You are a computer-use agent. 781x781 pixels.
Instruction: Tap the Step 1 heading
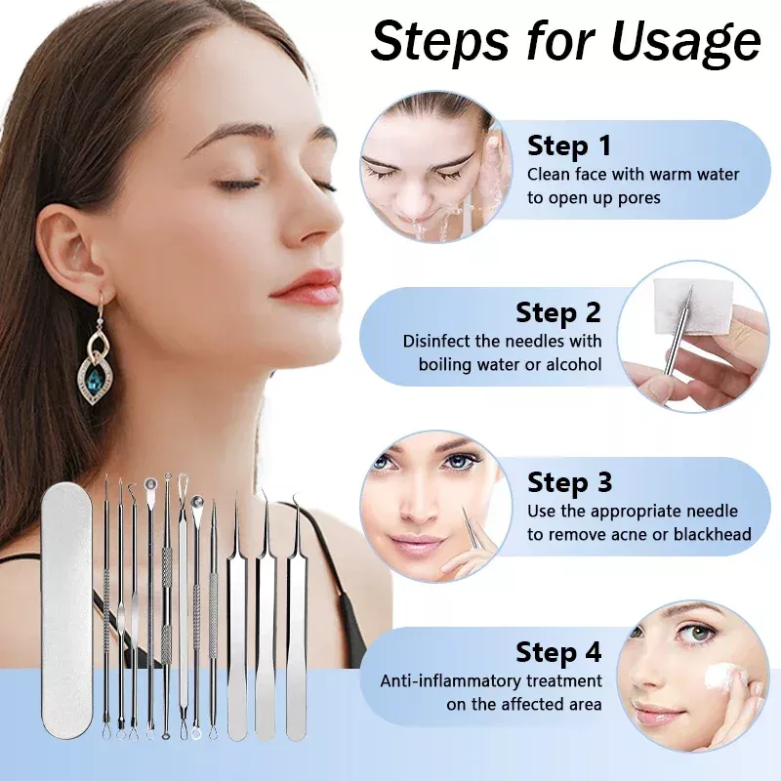(x=569, y=145)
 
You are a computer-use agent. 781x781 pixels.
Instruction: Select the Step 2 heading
(x=558, y=312)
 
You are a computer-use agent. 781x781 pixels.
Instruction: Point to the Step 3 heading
(x=570, y=482)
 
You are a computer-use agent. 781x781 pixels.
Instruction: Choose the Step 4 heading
(x=558, y=651)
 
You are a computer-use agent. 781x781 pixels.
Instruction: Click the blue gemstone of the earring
(x=95, y=380)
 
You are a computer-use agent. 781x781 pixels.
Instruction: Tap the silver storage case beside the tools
(x=67, y=610)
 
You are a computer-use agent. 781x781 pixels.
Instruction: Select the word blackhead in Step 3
(x=713, y=534)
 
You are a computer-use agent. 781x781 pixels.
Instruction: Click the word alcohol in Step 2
(x=574, y=364)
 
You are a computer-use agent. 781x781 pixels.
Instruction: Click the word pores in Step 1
(x=638, y=199)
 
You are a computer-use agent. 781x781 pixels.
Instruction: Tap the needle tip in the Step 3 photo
(x=462, y=508)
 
